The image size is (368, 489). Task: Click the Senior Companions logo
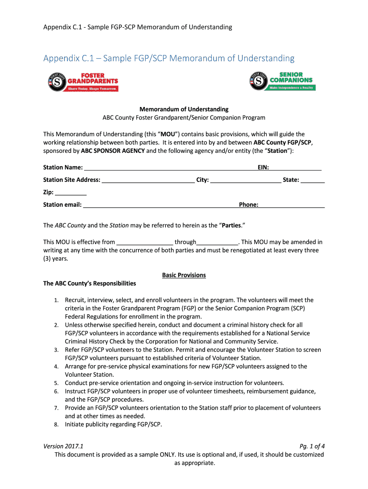point(281,81)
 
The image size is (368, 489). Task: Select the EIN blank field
point(295,168)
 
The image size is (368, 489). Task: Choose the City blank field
point(246,180)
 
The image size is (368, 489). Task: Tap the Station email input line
point(161,205)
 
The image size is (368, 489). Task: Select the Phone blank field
point(292,205)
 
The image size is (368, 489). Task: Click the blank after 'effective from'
point(144,242)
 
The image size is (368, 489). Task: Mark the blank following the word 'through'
point(217,242)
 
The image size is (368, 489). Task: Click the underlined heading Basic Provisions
point(184,275)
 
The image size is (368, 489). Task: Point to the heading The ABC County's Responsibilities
point(89,283)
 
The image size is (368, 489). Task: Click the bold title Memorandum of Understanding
point(184,109)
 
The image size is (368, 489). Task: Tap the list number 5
point(56,383)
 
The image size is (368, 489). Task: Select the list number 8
point(56,424)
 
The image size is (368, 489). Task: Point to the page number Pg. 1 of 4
point(312,446)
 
